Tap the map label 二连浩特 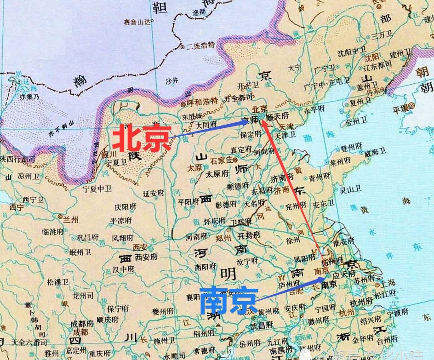tap(201, 45)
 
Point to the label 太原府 tap(217, 174)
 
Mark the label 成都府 tap(82, 323)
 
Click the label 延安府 tap(154, 194)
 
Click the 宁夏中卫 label tap(97, 189)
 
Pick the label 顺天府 tap(278, 116)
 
